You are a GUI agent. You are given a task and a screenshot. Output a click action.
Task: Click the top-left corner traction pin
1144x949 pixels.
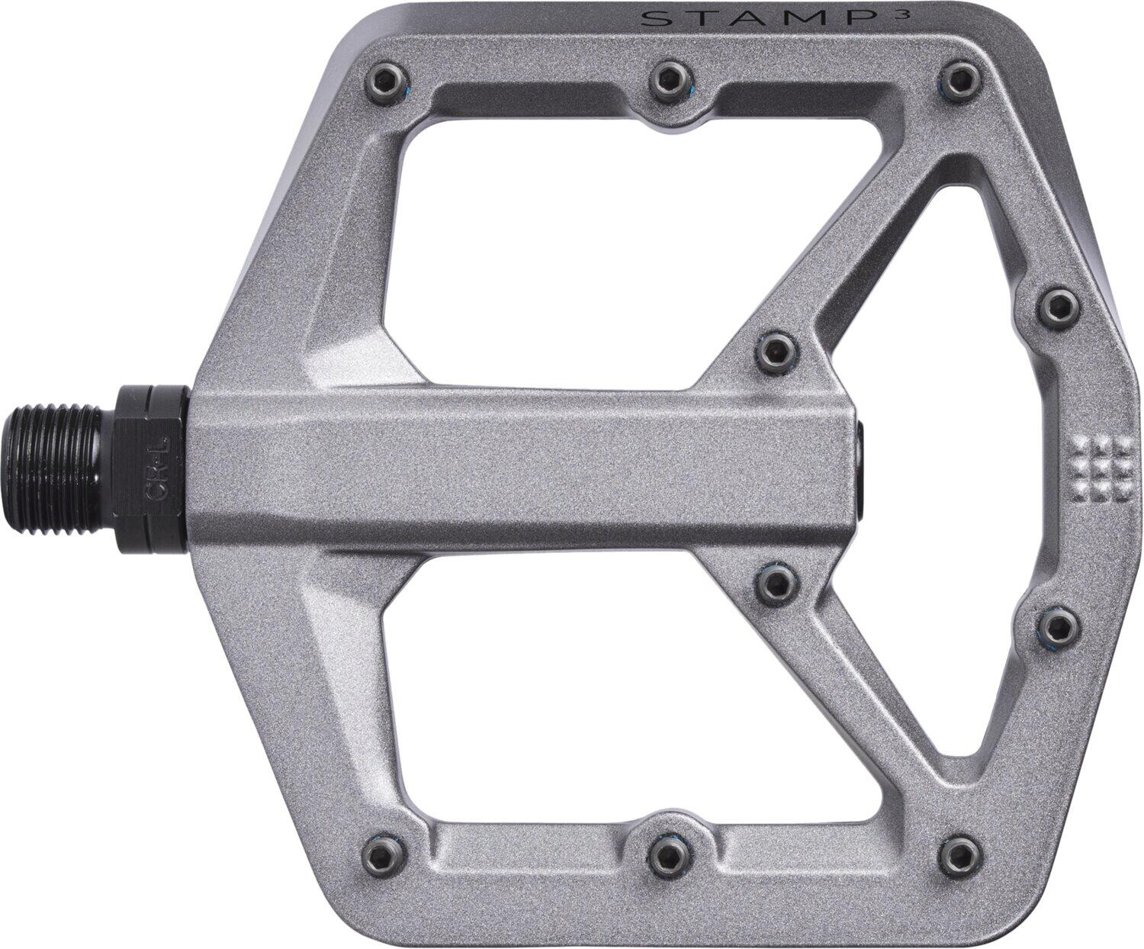[388, 83]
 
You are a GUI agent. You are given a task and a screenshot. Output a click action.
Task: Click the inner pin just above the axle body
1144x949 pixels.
[776, 353]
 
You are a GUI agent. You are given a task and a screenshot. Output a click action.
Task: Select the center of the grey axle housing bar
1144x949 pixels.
[526, 467]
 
